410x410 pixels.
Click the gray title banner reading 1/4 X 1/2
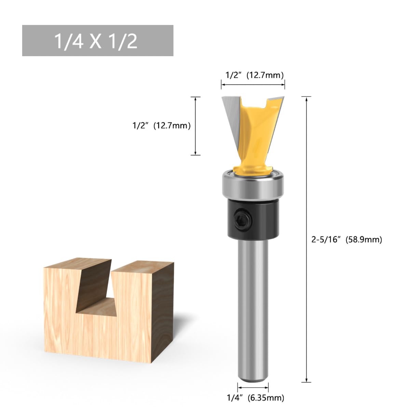(x=98, y=40)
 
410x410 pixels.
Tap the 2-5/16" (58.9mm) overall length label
(x=346, y=240)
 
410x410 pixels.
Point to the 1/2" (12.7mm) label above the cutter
(x=255, y=75)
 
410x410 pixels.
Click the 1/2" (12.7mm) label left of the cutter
(x=162, y=125)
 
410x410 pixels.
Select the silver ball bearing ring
(x=253, y=185)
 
